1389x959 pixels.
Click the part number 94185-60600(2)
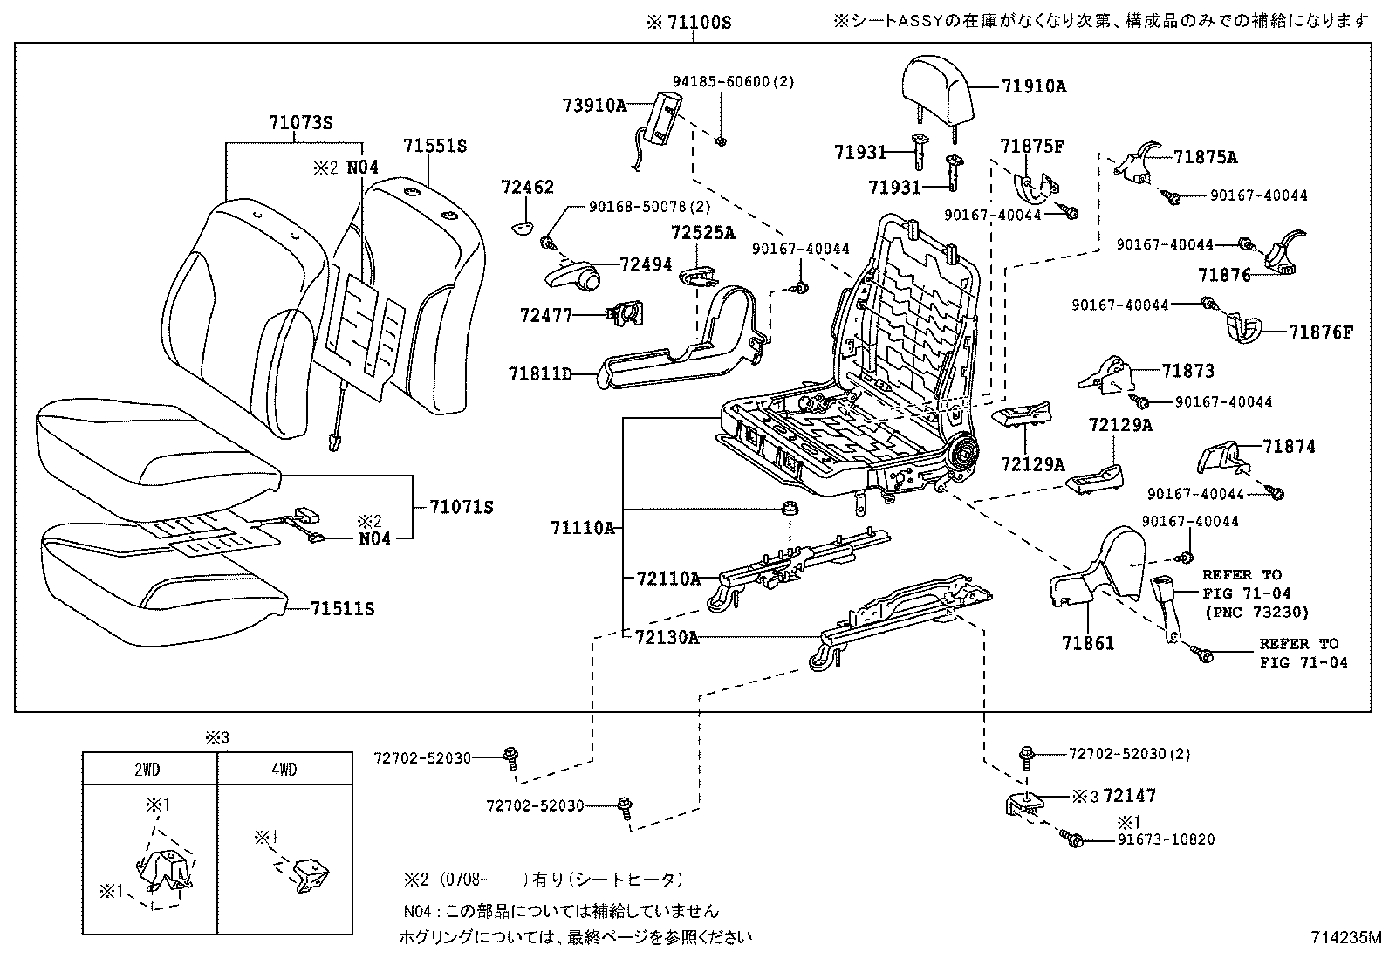pyautogui.click(x=733, y=81)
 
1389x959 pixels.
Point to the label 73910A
pyautogui.click(x=594, y=106)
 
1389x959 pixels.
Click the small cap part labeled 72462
pyautogui.click(x=523, y=228)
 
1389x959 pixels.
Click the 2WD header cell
pyautogui.click(x=149, y=770)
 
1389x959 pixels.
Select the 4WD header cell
pyautogui.click(x=284, y=770)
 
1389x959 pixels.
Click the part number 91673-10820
pyautogui.click(x=1167, y=839)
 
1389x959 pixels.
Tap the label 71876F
pyautogui.click(x=1321, y=332)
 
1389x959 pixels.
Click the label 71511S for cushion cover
pyautogui.click(x=342, y=608)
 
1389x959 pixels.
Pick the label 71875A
pyautogui.click(x=1205, y=157)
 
